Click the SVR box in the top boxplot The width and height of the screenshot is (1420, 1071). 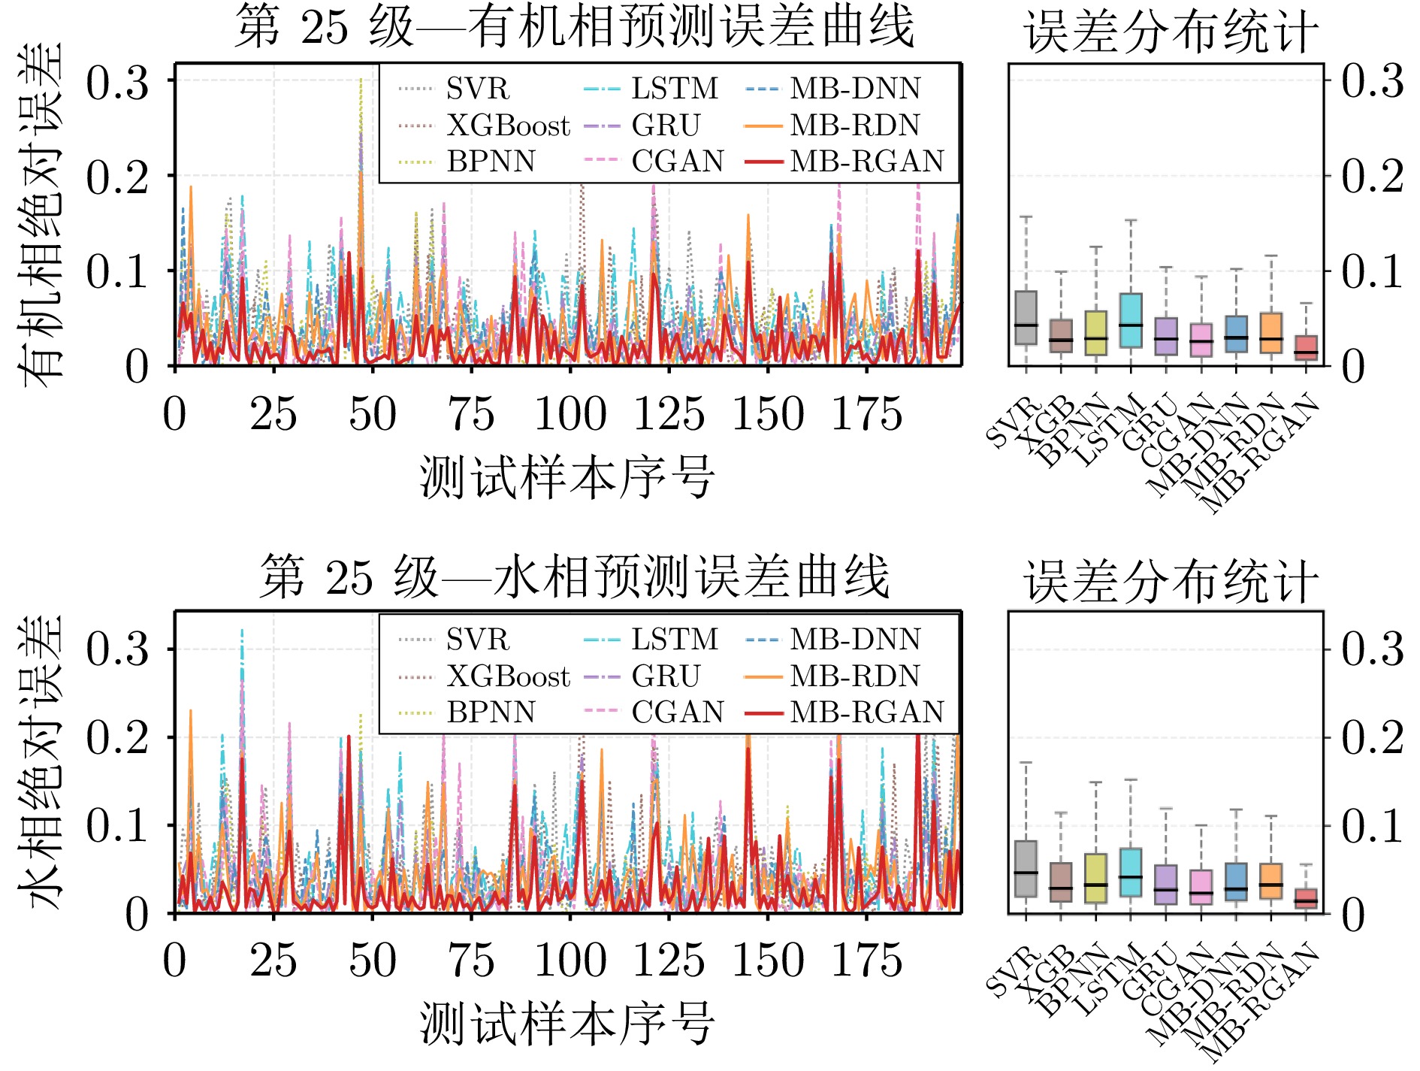1026,318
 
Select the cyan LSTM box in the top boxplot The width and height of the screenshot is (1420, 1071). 1130,320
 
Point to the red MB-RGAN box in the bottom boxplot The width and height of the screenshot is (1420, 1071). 1306,898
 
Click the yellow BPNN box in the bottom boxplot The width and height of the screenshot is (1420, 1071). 1095,878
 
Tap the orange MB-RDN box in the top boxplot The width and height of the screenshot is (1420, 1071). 1270,332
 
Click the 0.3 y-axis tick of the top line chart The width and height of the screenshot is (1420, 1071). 117,82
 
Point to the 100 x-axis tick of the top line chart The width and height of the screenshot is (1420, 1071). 570,415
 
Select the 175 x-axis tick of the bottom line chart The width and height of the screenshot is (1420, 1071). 866,961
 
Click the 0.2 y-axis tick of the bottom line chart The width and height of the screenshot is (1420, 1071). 117,737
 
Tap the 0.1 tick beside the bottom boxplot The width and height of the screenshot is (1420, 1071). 1372,826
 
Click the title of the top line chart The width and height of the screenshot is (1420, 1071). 574,27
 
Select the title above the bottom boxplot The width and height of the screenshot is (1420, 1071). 1171,581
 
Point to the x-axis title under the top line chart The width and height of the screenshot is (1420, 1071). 567,477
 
